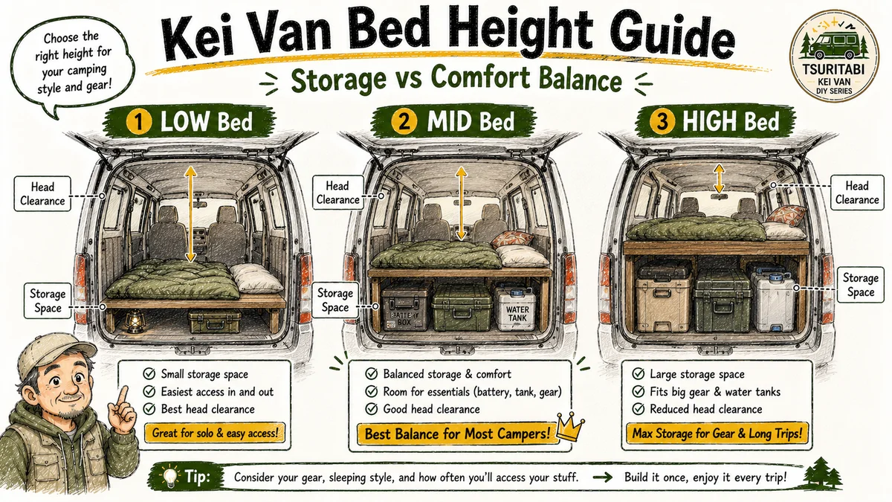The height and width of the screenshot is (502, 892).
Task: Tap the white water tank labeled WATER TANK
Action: [x=515, y=309]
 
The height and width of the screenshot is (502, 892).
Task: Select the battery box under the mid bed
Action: [x=406, y=306]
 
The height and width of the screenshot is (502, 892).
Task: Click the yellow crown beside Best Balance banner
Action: [x=570, y=426]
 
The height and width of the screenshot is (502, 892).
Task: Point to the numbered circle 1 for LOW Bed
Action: [x=138, y=121]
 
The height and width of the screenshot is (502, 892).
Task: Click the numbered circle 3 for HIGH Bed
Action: [x=662, y=120]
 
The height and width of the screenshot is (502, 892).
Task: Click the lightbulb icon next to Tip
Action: [x=170, y=476]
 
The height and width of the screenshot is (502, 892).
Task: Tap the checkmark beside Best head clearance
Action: [x=149, y=409]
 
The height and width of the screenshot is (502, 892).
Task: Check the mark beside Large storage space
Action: [x=639, y=373]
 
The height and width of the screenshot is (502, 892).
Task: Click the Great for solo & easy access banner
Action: [x=215, y=433]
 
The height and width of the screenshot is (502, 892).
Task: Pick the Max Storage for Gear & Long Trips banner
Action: [x=717, y=433]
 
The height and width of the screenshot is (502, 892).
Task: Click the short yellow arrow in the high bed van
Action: [x=719, y=179]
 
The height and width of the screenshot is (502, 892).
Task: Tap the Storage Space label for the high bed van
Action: [x=860, y=285]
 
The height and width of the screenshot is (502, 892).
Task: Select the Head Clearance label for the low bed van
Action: [x=42, y=194]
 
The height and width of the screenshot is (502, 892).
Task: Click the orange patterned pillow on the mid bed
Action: [x=512, y=238]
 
